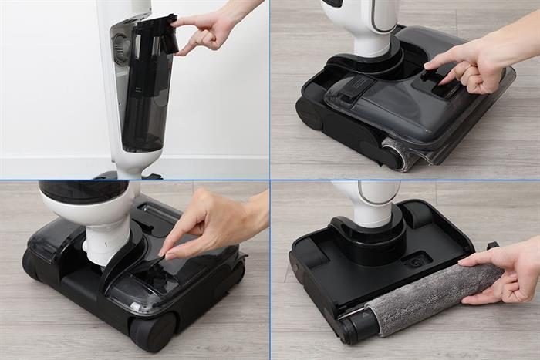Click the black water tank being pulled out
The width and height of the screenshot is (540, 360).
(147, 100)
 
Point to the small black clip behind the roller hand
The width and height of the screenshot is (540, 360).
(491, 246)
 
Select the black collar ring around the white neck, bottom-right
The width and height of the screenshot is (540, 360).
(369, 231)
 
